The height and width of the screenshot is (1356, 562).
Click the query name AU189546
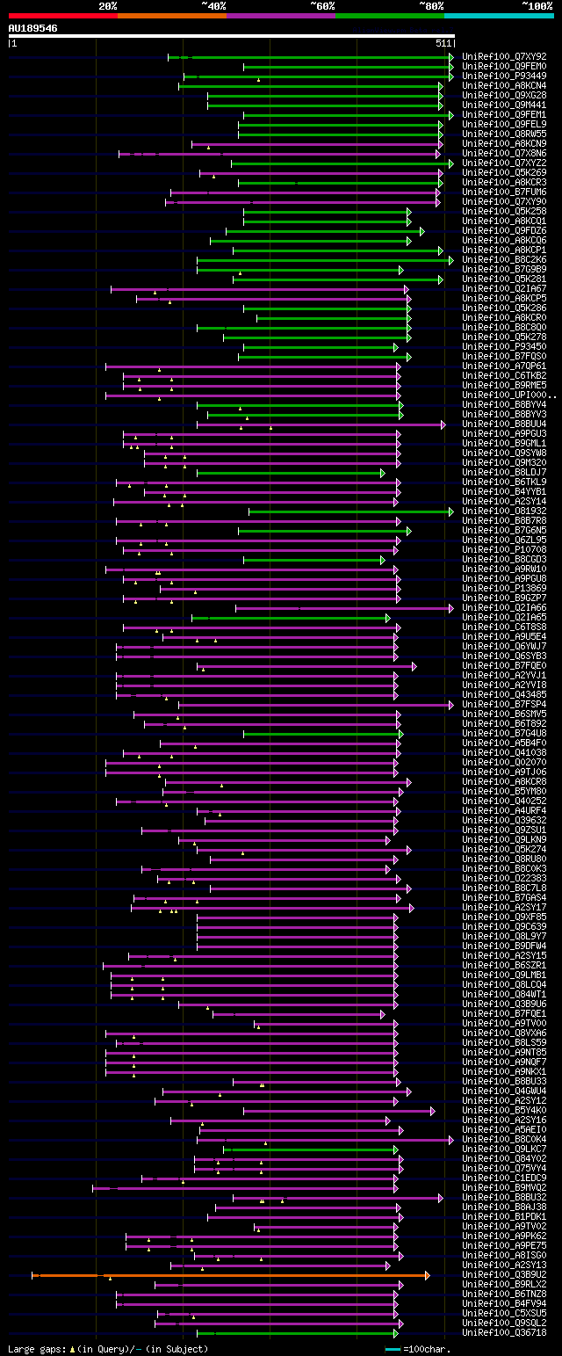[x=33, y=28]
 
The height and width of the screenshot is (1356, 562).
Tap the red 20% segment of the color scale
[x=62, y=15]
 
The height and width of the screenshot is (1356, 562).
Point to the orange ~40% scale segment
[x=171, y=15]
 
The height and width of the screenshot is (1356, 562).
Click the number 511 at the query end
[x=443, y=43]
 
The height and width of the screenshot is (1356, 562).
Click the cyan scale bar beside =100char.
[x=393, y=1348]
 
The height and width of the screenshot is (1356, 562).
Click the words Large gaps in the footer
[x=36, y=1348]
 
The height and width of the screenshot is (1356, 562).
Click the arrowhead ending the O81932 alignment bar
[x=451, y=511]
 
